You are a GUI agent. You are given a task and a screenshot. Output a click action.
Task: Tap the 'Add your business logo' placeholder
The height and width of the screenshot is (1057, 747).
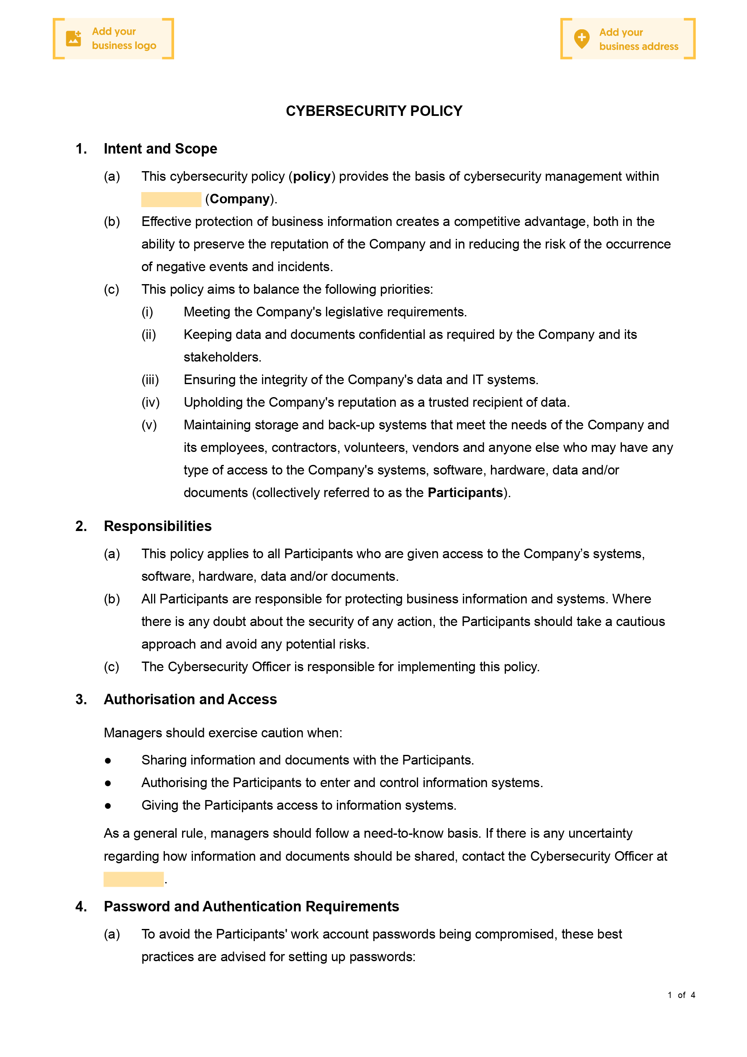click(113, 38)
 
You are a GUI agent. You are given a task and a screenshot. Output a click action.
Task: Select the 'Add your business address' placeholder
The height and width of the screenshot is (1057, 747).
click(627, 39)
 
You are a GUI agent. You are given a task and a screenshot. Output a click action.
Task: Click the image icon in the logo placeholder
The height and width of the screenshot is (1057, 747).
click(74, 38)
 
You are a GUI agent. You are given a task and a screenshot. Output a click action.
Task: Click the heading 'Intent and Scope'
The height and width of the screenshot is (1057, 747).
click(160, 149)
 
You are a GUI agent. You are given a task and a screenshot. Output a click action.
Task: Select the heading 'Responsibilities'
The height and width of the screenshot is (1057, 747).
click(157, 526)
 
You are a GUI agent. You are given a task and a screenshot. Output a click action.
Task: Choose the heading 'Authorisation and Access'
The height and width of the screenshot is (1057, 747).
click(190, 699)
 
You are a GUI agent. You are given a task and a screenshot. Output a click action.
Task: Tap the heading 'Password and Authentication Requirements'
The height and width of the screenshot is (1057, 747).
click(251, 906)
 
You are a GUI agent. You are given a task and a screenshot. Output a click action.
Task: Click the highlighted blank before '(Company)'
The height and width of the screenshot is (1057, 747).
click(171, 199)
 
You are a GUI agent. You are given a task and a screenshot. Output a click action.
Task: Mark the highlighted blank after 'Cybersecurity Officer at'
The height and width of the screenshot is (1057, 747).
click(133, 879)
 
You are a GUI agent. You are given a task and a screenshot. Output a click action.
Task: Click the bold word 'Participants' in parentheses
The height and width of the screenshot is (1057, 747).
click(465, 493)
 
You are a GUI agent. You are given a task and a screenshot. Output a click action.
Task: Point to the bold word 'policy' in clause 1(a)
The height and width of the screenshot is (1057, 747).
click(312, 176)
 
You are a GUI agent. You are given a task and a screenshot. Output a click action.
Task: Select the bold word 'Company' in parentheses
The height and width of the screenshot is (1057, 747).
click(239, 199)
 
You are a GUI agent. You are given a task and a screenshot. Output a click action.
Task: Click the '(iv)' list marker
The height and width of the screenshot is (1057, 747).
click(151, 403)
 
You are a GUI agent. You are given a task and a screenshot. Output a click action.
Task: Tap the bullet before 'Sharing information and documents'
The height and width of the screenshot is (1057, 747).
click(108, 760)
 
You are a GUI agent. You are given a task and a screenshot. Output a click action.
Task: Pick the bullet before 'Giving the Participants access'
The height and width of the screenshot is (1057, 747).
click(108, 806)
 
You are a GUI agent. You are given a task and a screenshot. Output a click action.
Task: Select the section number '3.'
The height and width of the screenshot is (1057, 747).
click(81, 699)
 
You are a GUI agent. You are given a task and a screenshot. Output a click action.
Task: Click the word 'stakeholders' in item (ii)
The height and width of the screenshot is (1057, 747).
click(221, 357)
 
